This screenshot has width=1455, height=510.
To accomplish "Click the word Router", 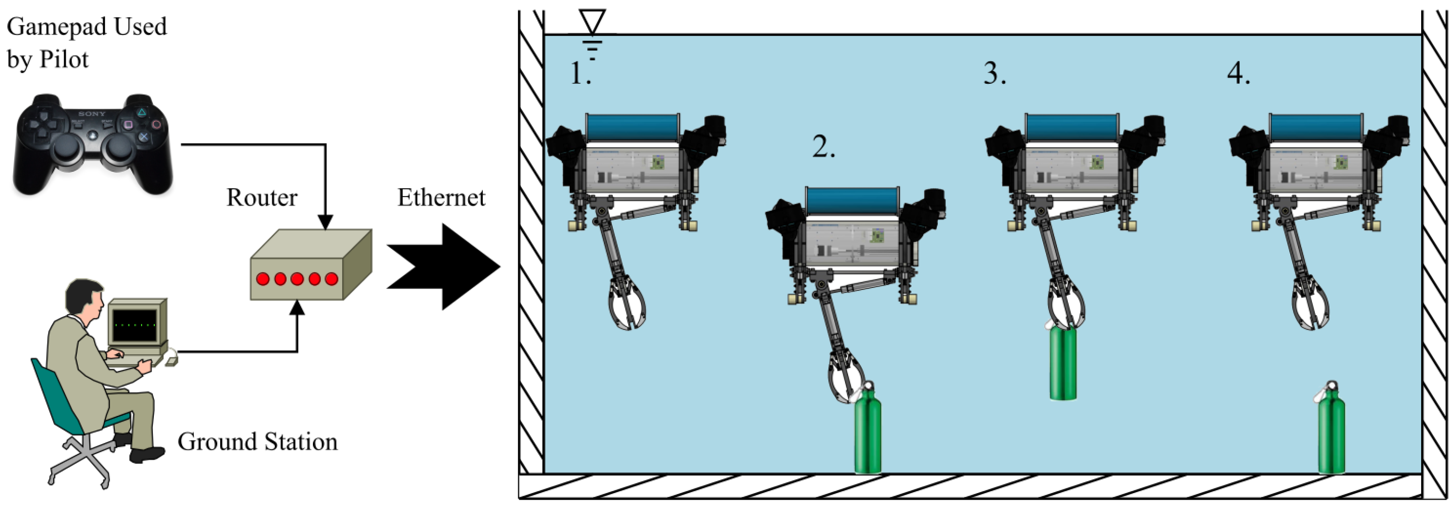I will [x=262, y=198].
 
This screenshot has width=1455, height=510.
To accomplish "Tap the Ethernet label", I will [x=440, y=198].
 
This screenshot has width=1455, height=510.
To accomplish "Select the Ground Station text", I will [x=257, y=442].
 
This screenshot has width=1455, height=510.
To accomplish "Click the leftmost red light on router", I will [x=263, y=279].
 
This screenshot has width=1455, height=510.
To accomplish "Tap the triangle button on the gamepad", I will [x=142, y=113].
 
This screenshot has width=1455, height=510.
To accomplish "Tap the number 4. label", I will [x=1238, y=73].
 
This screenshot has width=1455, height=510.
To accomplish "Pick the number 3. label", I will [x=994, y=73].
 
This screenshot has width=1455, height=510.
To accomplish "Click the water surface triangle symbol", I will [x=592, y=22].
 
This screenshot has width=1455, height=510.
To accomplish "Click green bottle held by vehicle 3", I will [x=1063, y=364].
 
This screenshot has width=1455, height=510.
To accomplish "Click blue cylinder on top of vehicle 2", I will [x=852, y=201].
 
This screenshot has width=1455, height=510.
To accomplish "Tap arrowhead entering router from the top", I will [x=325, y=222].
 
